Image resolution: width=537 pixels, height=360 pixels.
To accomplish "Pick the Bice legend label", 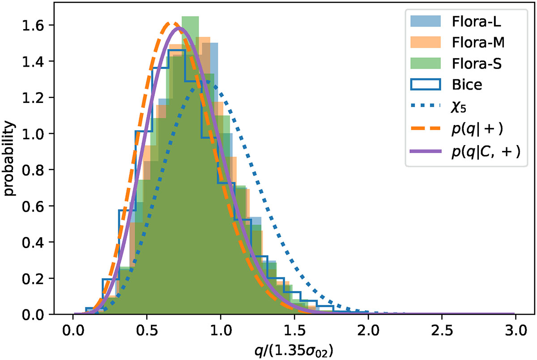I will (x=467, y=85).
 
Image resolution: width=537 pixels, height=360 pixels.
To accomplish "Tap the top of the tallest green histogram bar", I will (x=190, y=17).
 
